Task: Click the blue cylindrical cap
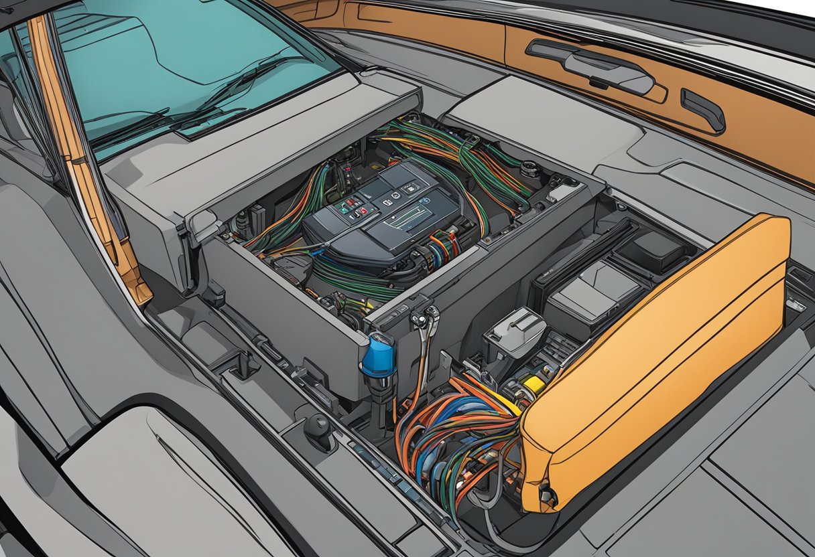378,353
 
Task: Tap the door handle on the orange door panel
607,70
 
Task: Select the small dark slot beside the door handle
702,110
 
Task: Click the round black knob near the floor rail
318,426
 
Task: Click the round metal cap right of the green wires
529,168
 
